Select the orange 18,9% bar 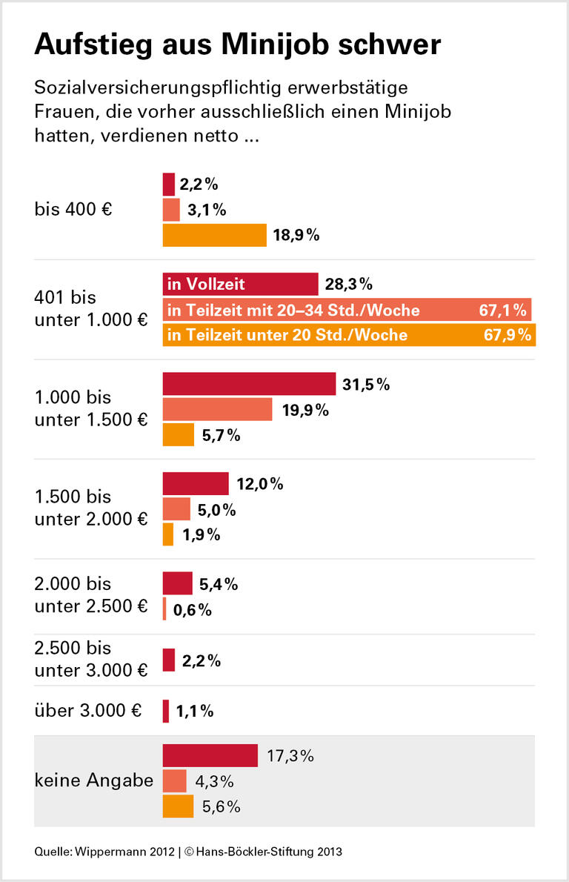[x=214, y=236]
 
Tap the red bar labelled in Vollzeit [x=240, y=284]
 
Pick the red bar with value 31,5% [x=249, y=384]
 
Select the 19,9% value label [x=305, y=409]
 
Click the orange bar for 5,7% [x=178, y=435]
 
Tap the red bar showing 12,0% [x=196, y=484]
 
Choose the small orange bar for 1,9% [x=168, y=534]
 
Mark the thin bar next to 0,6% [x=164, y=609]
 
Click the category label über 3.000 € [x=87, y=710]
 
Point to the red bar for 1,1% [x=166, y=712]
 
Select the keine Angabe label [x=93, y=780]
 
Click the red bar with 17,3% [x=210, y=756]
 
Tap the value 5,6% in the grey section [x=220, y=807]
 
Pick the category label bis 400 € [x=73, y=210]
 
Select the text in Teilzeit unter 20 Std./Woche [x=288, y=335]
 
